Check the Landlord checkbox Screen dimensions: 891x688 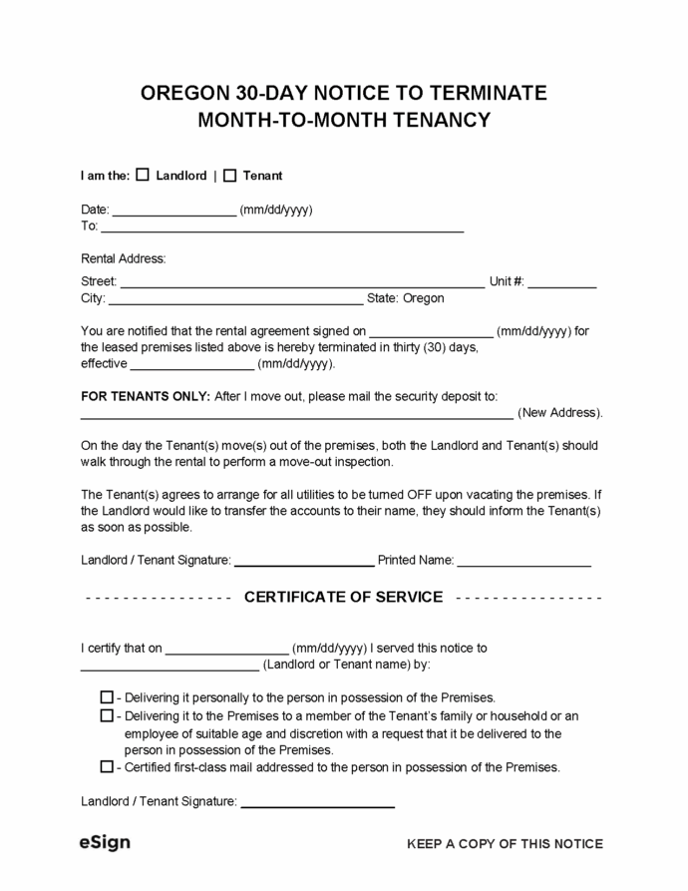(142, 175)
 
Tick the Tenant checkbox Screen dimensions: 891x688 (229, 175)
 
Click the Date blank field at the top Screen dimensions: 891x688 (174, 212)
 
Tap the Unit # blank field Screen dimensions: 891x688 (562, 283)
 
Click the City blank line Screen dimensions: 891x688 (235, 299)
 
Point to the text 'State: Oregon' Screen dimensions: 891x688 (406, 298)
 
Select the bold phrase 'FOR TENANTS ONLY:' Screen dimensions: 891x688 (145, 396)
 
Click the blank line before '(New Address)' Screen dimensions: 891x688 (296, 414)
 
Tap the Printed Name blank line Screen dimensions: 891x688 (524, 562)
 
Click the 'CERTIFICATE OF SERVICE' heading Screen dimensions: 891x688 (343, 597)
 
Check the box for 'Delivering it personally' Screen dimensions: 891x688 (107, 697)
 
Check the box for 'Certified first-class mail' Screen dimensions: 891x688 (107, 767)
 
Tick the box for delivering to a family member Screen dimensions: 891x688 (107, 715)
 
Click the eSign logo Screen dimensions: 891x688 (105, 842)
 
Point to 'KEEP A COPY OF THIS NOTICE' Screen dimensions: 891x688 (505, 844)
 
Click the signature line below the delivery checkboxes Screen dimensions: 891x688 (318, 802)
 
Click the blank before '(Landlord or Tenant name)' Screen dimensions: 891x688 (169, 666)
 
